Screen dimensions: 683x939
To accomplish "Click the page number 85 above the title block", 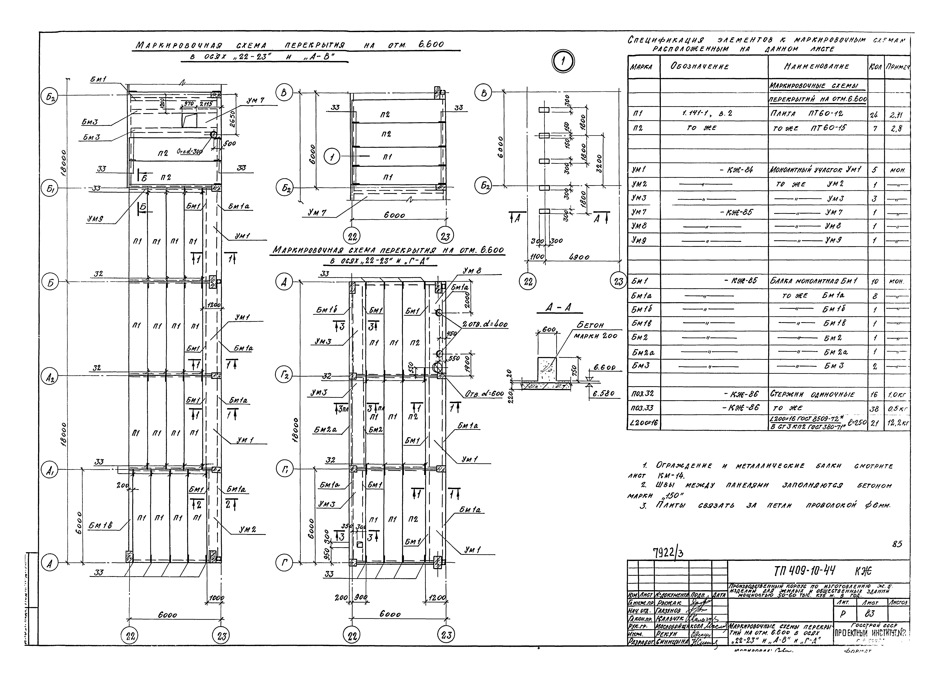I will pyautogui.click(x=897, y=544).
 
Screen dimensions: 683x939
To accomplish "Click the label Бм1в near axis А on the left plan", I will pyautogui.click(x=100, y=525).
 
